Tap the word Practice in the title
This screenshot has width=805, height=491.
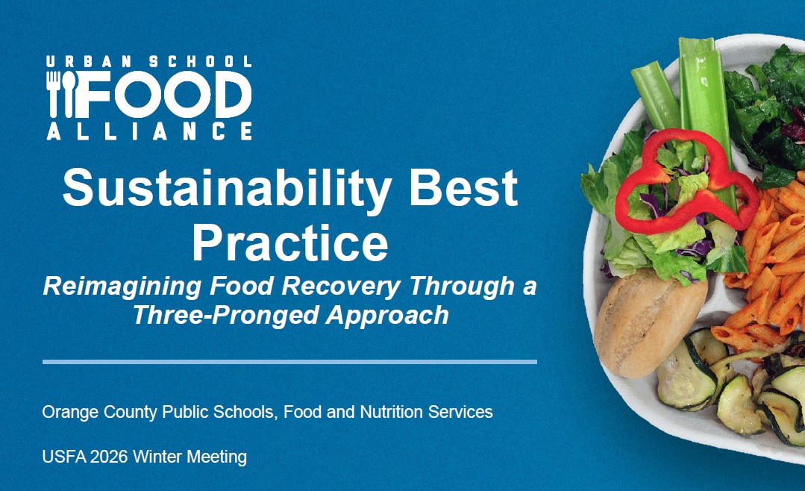point(289,240)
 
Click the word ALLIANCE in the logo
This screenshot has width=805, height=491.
point(148,131)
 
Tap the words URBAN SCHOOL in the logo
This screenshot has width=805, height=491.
point(148,62)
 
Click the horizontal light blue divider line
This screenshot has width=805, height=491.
point(289,362)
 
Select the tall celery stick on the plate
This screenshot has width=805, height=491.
point(704,97)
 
